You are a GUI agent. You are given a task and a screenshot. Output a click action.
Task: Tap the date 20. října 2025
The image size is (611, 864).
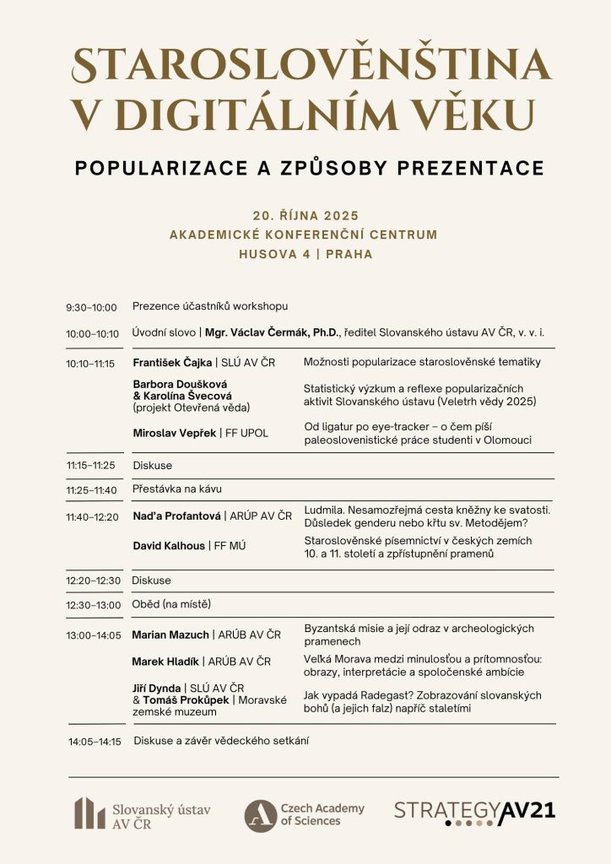coord(305,214)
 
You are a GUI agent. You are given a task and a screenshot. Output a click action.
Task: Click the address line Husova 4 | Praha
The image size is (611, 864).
coord(305,253)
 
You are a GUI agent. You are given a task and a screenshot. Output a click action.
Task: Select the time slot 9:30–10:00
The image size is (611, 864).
coord(91,308)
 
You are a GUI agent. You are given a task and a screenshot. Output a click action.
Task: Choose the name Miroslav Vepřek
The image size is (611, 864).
coord(174,434)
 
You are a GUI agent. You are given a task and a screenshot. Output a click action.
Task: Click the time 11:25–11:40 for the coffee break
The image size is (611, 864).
coord(92,490)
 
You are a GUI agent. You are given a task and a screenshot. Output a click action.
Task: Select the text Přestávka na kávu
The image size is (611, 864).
coord(177,489)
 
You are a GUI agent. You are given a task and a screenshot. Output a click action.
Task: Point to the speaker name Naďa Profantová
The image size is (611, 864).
coord(176,516)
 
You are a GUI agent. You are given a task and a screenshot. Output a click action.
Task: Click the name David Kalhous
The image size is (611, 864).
coord(169,546)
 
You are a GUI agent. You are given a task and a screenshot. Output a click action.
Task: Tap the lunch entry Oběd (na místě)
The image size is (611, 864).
coord(171,604)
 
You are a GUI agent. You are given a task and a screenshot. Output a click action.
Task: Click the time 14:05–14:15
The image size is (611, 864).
coord(95,742)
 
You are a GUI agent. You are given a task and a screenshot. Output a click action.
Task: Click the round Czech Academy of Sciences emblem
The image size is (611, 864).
coord(260,815)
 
